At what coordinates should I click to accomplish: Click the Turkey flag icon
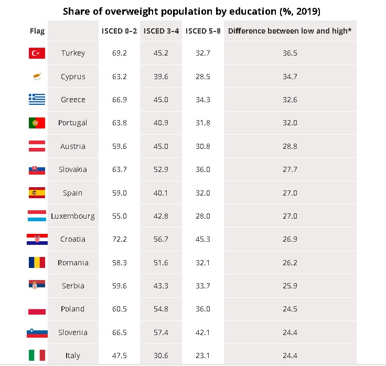coord(37,53)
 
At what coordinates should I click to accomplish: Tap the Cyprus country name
coord(73,77)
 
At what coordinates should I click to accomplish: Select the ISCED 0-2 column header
coord(119,31)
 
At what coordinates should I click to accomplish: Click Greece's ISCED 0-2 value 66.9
coord(119,100)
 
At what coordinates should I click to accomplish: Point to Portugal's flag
coord(37,123)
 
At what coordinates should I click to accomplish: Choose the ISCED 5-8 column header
coord(203,31)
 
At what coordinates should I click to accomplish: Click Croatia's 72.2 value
coord(119,239)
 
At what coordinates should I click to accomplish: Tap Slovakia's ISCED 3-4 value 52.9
coord(161,169)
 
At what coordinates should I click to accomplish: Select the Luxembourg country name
coord(73,216)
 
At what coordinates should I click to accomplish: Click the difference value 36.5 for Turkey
coord(290,53)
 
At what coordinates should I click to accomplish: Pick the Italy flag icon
coord(37,356)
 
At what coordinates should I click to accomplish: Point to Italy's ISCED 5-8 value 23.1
coord(203,356)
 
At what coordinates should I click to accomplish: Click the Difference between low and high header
coord(290,31)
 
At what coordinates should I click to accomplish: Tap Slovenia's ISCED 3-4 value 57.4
coord(161,332)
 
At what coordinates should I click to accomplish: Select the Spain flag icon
coord(37,192)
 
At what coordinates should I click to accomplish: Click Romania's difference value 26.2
coord(290,263)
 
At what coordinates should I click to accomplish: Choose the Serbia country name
coord(73,286)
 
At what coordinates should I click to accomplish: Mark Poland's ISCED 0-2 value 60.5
coord(119,309)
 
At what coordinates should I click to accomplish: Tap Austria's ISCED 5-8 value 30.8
coord(203,146)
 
